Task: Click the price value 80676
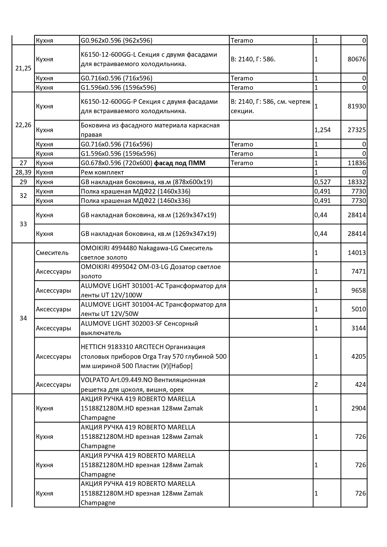click(356, 59)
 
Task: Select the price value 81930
click(356, 106)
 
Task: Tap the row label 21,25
click(23, 68)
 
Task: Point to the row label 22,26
click(23, 125)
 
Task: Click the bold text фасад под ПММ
click(180, 163)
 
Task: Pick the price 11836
click(356, 163)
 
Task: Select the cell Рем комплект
click(102, 172)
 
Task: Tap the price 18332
click(356, 182)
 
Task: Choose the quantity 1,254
click(322, 130)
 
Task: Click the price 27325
click(356, 130)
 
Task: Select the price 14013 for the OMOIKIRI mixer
click(356, 253)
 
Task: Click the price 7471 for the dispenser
click(358, 271)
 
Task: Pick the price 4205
click(358, 356)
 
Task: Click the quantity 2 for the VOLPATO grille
click(316, 385)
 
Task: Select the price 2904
click(358, 408)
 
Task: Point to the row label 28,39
click(23, 172)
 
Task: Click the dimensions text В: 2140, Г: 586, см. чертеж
click(270, 102)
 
